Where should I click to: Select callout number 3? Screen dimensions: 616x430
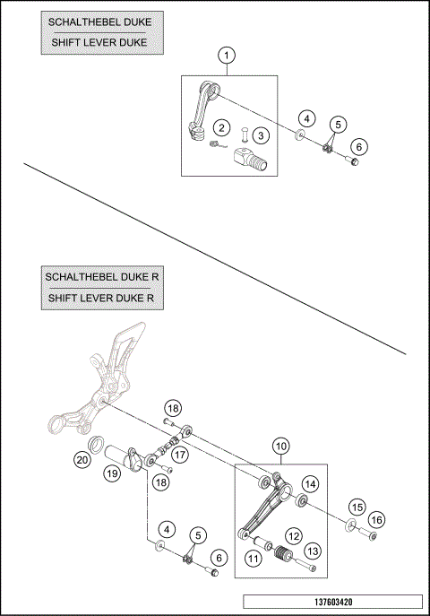[261, 135]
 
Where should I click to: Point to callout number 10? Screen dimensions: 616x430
[281, 446]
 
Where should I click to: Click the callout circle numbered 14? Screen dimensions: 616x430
[310, 484]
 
